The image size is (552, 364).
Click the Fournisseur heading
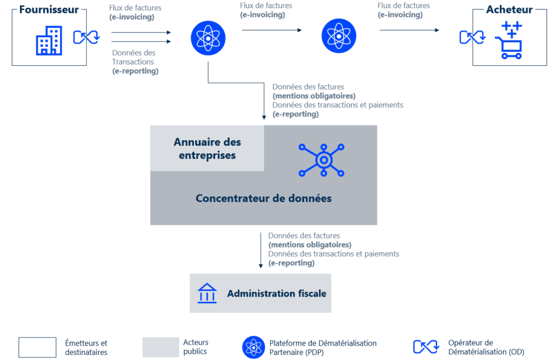(49, 10)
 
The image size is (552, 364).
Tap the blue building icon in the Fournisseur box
(49, 40)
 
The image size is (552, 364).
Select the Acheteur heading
(509, 10)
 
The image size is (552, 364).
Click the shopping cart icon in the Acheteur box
(509, 40)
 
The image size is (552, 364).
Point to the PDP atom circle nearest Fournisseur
(208, 38)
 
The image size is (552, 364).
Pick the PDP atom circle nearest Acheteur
(339, 36)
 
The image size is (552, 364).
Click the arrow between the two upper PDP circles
(272, 30)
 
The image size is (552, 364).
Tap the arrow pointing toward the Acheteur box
(410, 30)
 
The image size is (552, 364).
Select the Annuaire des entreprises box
(207, 148)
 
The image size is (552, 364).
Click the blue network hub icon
(321, 160)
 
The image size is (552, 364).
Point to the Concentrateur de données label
(263, 198)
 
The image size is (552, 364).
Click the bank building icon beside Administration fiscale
(207, 293)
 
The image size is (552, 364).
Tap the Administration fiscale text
(277, 293)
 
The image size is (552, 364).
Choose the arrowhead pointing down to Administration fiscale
(261, 266)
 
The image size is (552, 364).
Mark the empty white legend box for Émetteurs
(37, 347)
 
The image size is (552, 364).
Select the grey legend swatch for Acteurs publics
(161, 347)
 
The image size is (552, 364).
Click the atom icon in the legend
(253, 347)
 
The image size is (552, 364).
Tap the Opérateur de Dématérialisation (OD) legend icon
(426, 347)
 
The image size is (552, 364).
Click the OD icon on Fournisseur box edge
(86, 37)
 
